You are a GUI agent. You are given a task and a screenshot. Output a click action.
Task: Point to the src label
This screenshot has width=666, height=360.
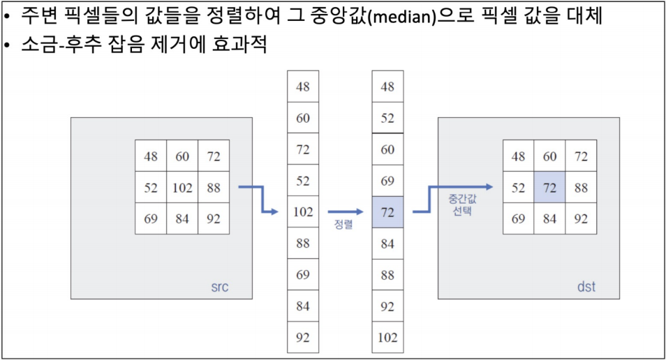221,287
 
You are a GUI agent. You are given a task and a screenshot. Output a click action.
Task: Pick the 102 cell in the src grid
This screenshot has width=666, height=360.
182,188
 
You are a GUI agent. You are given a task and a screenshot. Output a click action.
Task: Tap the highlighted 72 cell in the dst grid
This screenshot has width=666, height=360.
549,188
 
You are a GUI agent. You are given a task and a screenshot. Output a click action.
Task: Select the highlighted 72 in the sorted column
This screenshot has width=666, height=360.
387,212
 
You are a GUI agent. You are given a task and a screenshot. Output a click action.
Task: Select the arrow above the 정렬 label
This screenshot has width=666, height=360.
345,212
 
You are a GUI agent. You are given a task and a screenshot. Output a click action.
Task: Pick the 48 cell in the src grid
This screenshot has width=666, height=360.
151,156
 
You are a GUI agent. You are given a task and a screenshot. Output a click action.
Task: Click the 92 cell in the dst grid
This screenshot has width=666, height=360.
581,219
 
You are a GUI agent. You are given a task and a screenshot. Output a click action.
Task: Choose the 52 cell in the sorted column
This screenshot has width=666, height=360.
387,118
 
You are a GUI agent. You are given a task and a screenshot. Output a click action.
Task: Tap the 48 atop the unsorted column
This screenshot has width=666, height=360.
303,87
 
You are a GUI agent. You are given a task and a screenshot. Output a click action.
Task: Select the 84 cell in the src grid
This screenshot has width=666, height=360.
182,219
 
